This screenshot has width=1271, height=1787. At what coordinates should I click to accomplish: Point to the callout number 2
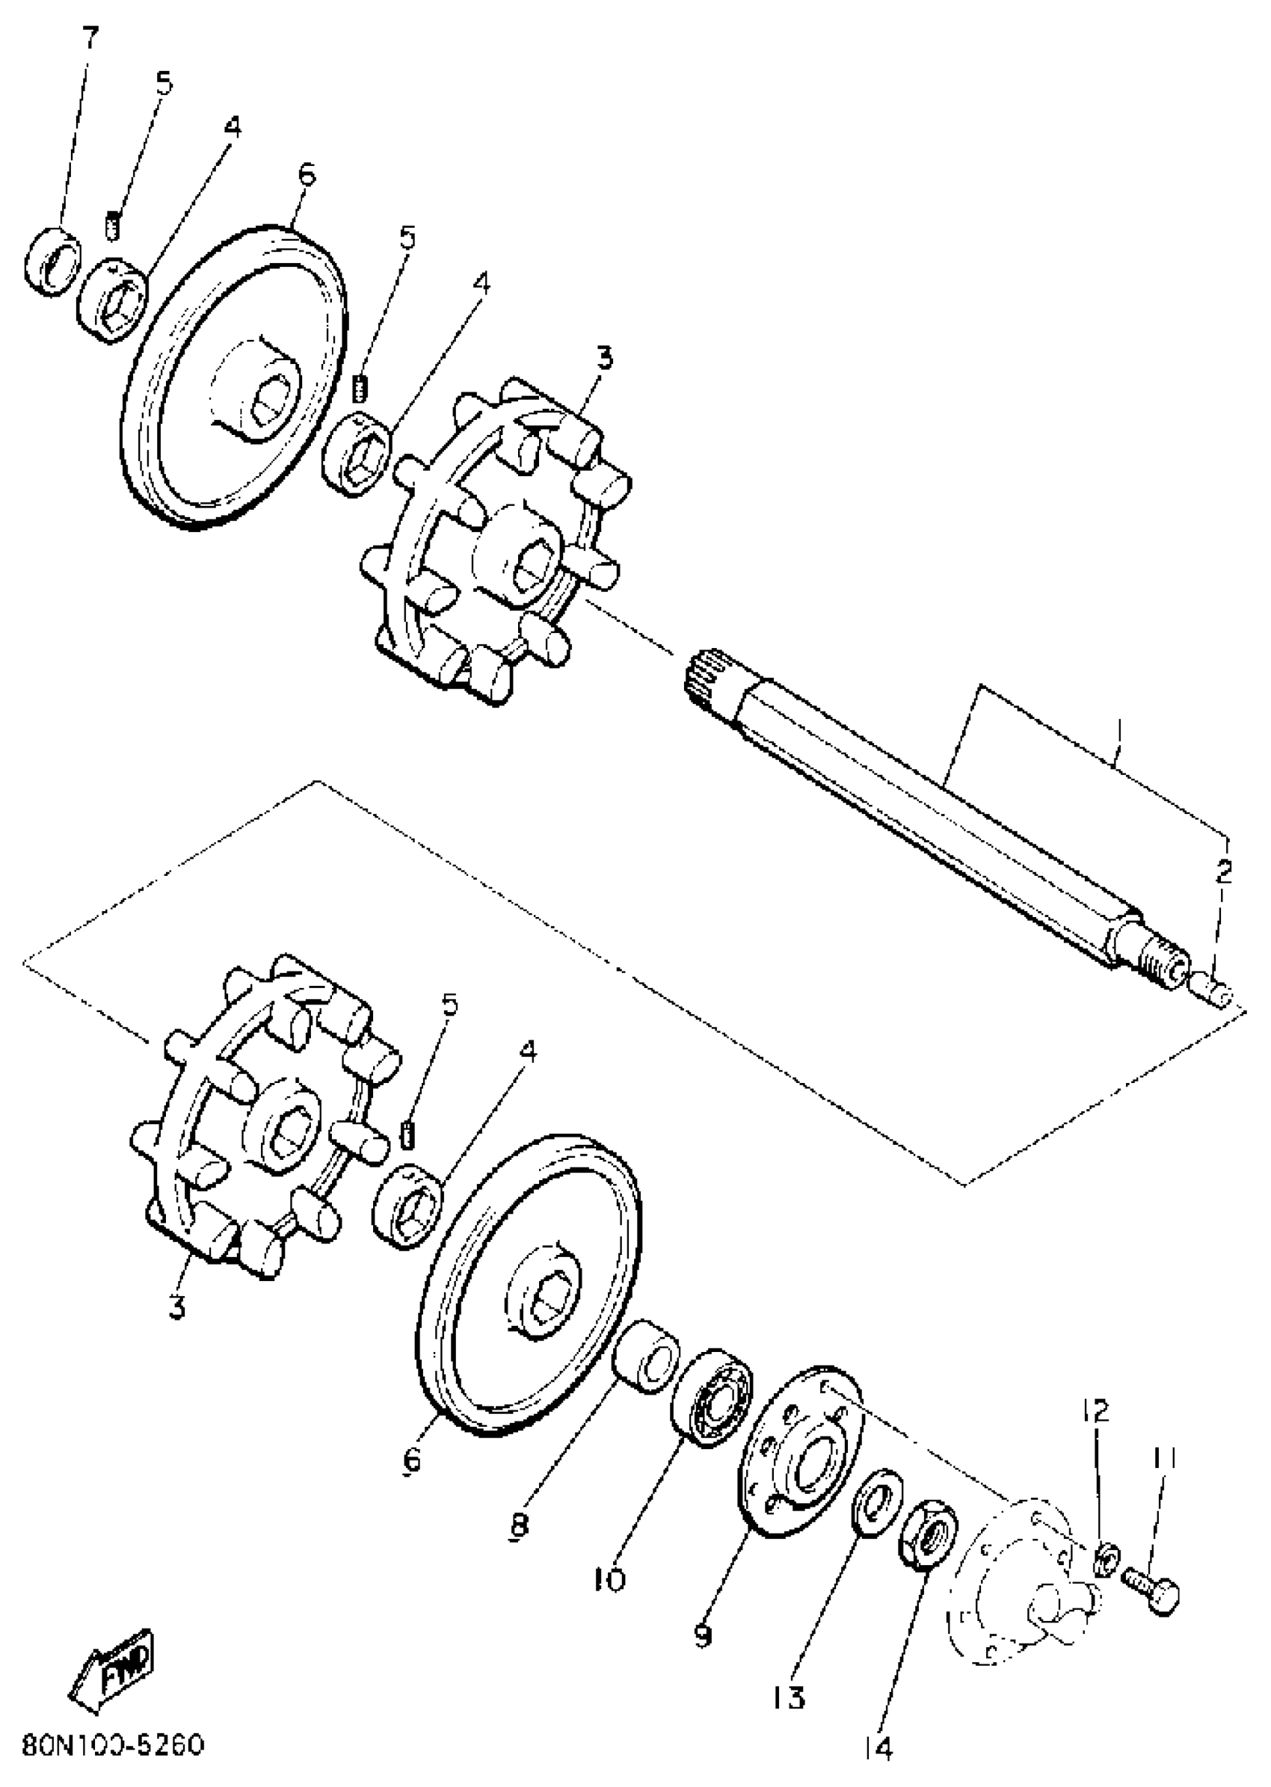click(x=1223, y=871)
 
